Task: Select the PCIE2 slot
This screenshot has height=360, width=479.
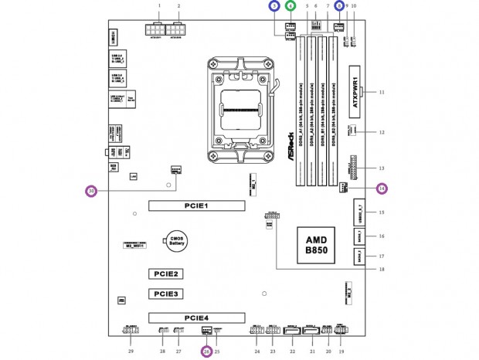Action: [167, 274]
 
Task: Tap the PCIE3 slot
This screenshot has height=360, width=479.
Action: [167, 294]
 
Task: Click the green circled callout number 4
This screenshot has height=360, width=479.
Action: [290, 5]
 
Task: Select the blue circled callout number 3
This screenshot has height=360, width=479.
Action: [273, 5]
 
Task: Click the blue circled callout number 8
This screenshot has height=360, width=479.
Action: [339, 5]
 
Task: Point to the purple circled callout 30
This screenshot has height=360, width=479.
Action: [91, 191]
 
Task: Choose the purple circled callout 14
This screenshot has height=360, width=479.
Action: [381, 188]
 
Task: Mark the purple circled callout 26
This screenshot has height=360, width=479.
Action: [206, 352]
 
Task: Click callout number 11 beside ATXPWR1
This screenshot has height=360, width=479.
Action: [382, 92]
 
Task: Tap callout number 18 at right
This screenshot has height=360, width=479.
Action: [382, 269]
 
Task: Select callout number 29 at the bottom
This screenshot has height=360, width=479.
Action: [131, 352]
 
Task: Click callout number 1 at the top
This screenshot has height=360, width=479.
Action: [159, 5]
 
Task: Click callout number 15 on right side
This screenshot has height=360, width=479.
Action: [381, 212]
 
